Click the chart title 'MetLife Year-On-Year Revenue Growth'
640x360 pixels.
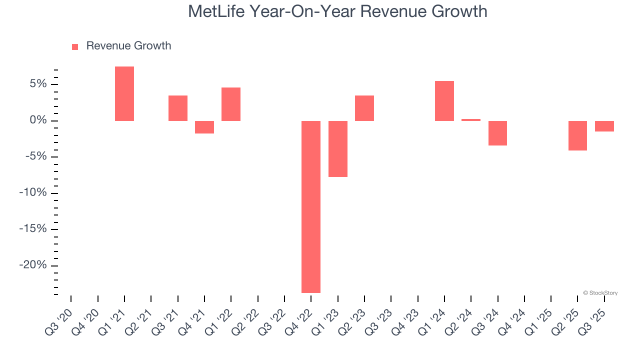coord(337,11)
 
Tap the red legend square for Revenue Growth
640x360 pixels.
coord(75,47)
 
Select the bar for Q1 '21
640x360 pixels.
coord(124,93)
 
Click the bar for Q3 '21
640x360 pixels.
coord(178,108)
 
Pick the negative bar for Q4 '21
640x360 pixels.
coord(204,127)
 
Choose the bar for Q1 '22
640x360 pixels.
coord(231,104)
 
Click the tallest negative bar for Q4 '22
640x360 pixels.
coord(311,206)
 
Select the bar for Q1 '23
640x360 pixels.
coord(338,148)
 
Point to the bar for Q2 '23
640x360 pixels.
coord(364,108)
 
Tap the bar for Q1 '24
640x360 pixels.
coord(444,101)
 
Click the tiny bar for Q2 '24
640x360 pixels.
coord(471,120)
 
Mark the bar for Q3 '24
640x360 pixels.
coord(498,133)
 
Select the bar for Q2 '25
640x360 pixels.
coord(578,135)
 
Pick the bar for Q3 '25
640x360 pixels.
coord(604,126)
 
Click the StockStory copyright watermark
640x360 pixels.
coord(600,293)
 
